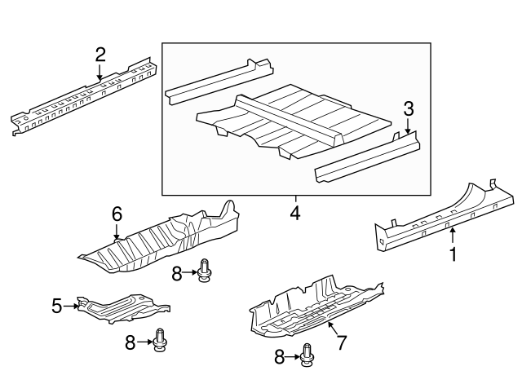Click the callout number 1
coord(453,254)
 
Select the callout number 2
coord(100,55)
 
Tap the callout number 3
coord(408,108)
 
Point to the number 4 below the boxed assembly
coord(295,213)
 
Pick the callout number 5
coord(57,306)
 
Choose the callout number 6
coord(117,214)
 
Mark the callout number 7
coord(341,342)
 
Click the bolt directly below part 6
coord(203,271)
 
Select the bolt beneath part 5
coord(160,340)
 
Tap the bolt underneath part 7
coord(307,355)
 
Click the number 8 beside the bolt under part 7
coord(280,357)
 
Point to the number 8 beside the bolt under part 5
coord(130,342)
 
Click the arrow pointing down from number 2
coord(100,73)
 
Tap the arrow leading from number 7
coord(333,329)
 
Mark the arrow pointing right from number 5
coord(71,306)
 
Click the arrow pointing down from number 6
coord(117,232)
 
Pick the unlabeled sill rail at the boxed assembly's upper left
coord(219,82)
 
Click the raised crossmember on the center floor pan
coord(290,120)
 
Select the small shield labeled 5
coord(123,309)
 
